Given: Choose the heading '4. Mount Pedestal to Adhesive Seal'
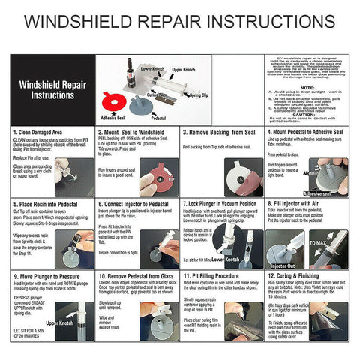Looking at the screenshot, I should [307, 131].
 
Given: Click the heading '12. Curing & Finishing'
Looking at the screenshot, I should [296, 275].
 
